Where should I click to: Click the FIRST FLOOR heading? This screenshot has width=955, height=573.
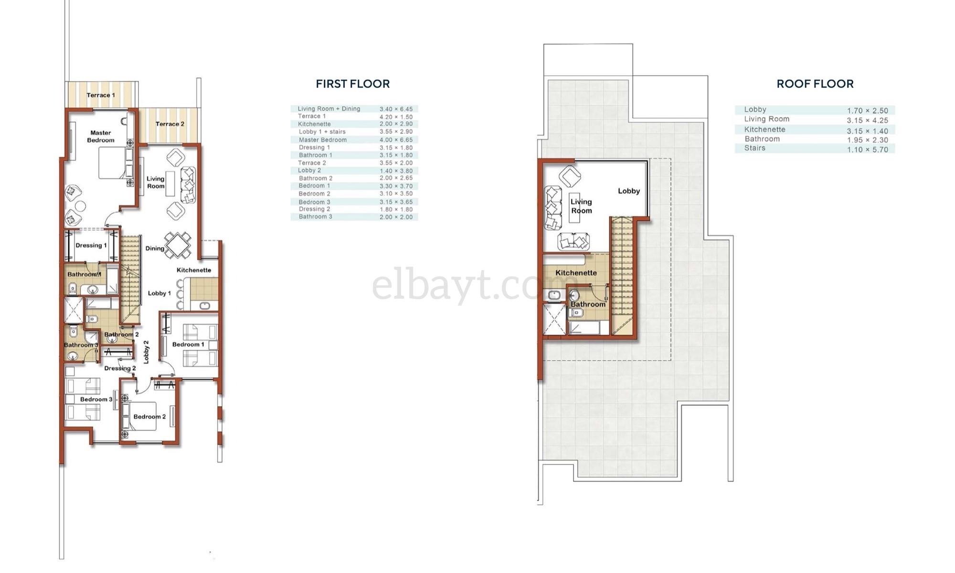[x=353, y=84]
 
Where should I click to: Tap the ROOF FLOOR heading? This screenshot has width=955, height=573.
[x=815, y=84]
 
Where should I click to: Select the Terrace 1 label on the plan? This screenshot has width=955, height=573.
[x=101, y=95]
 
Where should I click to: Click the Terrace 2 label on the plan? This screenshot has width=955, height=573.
[x=170, y=124]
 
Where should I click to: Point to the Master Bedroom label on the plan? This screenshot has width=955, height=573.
[x=101, y=136]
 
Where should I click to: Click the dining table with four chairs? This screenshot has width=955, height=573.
[x=178, y=245]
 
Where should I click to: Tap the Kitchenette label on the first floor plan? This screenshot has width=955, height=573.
[x=194, y=270]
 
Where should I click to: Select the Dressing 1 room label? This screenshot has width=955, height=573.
[x=91, y=245]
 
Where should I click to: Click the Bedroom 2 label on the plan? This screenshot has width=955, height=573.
[x=149, y=417]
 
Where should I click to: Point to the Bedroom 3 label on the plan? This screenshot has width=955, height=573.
[x=96, y=400]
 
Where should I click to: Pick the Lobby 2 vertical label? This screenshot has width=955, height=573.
[x=146, y=352]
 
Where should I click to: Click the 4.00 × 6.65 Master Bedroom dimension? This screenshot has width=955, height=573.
[x=396, y=140]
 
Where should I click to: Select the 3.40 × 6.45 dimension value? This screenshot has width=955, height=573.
[x=396, y=109]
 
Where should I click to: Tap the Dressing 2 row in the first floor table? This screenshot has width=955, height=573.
[x=354, y=209]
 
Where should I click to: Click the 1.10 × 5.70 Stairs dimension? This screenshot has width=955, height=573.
[x=868, y=150]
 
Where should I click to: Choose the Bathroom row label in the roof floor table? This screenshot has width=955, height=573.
[x=762, y=139]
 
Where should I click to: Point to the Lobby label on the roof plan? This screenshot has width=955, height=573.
[x=629, y=191]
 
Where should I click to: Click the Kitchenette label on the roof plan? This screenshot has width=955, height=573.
[x=576, y=273]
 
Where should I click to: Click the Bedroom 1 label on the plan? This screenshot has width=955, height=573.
[x=188, y=345]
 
